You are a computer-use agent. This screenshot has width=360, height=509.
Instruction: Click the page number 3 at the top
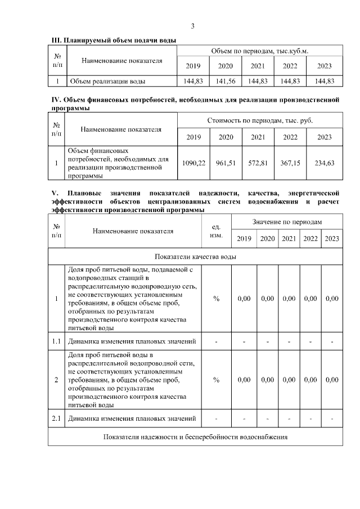click(192, 26)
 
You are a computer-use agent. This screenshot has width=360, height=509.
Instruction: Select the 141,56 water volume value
click(225, 81)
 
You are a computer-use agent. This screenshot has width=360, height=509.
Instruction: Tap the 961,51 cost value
click(226, 163)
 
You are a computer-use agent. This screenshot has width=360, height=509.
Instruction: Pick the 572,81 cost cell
click(258, 163)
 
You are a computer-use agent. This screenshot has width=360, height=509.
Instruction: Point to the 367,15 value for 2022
click(290, 163)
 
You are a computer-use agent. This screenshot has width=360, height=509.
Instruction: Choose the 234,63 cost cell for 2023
click(325, 163)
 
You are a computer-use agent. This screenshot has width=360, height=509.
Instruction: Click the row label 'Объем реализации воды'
click(107, 81)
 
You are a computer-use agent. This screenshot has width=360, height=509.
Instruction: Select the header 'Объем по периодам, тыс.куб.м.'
click(259, 51)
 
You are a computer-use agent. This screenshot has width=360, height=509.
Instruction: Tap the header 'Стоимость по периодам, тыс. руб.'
click(259, 120)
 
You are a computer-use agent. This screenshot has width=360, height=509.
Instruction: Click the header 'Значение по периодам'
click(287, 222)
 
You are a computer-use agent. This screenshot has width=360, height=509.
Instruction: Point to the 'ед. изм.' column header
click(215, 231)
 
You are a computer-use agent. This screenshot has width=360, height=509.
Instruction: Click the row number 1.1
click(56, 341)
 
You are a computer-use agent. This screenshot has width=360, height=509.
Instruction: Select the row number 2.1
click(56, 418)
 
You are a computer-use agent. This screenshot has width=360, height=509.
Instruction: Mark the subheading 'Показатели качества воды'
click(195, 256)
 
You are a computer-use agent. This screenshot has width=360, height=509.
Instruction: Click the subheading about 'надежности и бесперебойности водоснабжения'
click(195, 437)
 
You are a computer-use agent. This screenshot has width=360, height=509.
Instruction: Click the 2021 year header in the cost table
click(258, 137)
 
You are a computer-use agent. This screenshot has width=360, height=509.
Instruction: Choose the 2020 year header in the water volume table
click(225, 66)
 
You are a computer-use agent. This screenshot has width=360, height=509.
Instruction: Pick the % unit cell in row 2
click(216, 380)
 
